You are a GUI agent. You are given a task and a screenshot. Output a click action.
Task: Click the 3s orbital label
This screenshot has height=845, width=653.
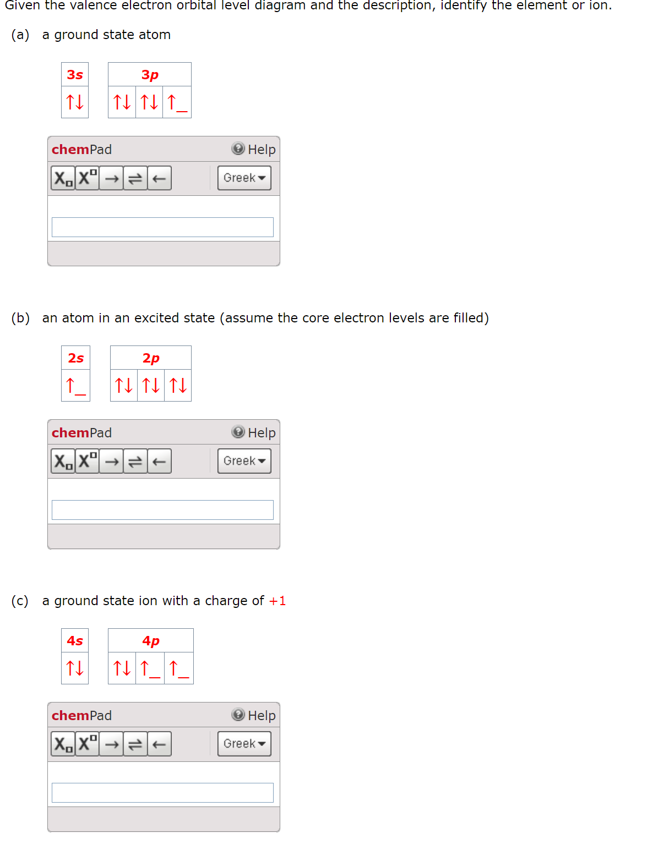coord(75,75)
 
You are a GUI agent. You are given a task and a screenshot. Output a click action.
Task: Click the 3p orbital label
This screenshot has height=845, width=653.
coord(150,75)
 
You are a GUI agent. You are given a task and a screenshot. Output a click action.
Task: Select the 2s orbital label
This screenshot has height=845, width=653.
coord(76,358)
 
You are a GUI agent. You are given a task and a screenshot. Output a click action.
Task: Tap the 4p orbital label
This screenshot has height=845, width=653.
coord(151,641)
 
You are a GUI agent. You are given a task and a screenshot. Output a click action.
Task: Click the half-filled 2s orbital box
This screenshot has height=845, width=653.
coord(75,386)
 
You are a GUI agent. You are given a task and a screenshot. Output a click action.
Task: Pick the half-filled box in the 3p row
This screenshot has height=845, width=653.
coord(177,102)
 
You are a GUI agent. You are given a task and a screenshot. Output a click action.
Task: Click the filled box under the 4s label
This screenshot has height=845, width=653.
coord(75,668)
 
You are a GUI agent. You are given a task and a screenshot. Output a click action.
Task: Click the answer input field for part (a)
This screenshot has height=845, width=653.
coord(162,227)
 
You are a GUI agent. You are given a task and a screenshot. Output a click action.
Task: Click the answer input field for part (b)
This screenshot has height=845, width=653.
coord(162,510)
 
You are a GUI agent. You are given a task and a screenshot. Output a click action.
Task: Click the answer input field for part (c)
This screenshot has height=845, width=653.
coord(162,793)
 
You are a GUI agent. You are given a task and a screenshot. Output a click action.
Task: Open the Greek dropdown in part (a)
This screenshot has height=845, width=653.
coord(244,178)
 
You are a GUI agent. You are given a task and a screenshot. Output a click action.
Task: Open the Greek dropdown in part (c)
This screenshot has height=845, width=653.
coord(244,744)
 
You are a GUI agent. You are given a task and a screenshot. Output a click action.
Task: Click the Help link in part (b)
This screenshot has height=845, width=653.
coord(254,433)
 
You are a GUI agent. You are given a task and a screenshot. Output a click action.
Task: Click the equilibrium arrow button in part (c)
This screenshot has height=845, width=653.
coord(135,744)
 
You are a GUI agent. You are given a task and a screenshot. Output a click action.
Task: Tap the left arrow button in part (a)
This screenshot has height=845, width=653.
coord(159,178)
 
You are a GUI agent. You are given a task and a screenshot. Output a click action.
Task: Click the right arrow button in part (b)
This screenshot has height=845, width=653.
coord(112,461)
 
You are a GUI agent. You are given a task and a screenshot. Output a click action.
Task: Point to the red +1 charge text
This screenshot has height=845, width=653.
coord(277,601)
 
